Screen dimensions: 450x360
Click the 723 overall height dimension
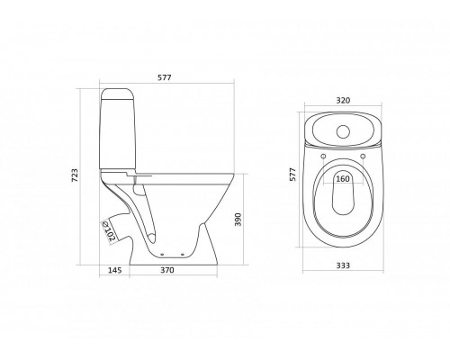75,175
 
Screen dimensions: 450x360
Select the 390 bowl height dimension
238,220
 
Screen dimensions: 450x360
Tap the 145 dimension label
115,270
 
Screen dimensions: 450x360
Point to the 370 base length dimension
167,270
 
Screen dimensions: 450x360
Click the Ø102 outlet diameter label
109,231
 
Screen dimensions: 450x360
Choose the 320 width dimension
343,101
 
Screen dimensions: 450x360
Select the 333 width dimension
343,265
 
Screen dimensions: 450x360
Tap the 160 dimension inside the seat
343,179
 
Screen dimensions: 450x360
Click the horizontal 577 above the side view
165,77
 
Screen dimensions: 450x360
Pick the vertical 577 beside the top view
292,174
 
